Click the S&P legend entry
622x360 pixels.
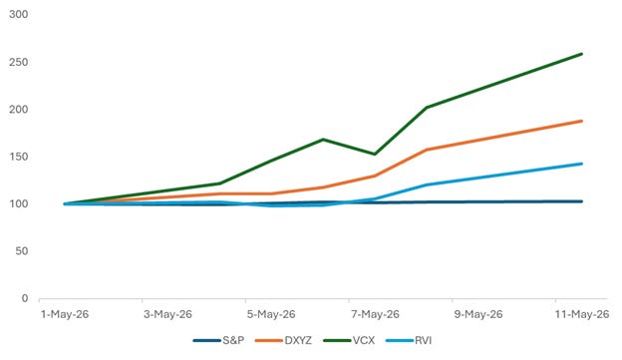pyautogui.click(x=218, y=340)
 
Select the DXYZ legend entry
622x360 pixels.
pyautogui.click(x=283, y=340)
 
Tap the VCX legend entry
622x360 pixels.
pyautogui.click(x=349, y=340)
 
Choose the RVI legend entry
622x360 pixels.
pyautogui.click(x=409, y=340)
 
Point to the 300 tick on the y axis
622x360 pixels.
pyautogui.click(x=19, y=14)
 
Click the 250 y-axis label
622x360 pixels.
pyautogui.click(x=19, y=62)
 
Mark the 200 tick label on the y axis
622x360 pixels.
pyautogui.click(x=19, y=110)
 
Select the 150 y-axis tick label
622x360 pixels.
pyautogui.click(x=19, y=157)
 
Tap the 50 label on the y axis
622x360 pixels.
pyautogui.click(x=22, y=251)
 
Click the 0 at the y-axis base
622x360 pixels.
pyautogui.click(x=25, y=298)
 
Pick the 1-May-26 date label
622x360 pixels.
pyautogui.click(x=65, y=314)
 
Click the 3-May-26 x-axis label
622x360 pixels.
pyautogui.click(x=167, y=314)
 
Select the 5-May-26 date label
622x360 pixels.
pyautogui.click(x=271, y=314)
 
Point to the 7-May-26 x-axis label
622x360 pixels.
pyautogui.click(x=375, y=314)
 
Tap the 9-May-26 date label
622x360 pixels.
pyautogui.click(x=478, y=314)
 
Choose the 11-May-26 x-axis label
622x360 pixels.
pyautogui.click(x=582, y=314)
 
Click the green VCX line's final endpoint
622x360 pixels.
pyautogui.click(x=582, y=54)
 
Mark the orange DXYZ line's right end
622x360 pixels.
pyautogui.click(x=582, y=121)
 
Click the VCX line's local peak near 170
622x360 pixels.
pyautogui.click(x=323, y=139)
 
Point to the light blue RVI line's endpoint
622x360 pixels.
pyautogui.click(x=582, y=164)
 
